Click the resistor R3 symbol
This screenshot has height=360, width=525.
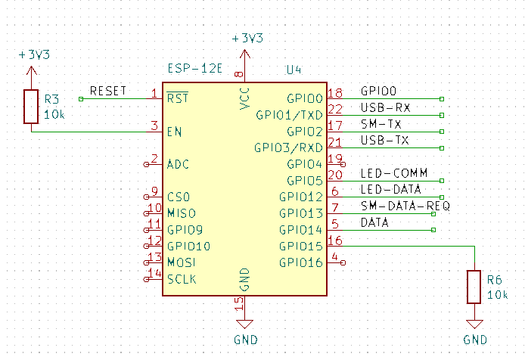coord(30,107)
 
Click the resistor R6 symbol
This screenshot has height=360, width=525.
coord(474,287)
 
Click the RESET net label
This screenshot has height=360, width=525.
coord(108,91)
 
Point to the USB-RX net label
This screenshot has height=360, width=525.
coord(385,107)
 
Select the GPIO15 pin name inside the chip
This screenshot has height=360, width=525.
coord(301,247)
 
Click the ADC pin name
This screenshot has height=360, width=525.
coord(178,164)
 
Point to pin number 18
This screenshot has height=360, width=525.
coord(335,93)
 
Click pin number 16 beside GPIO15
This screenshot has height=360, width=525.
coord(335,241)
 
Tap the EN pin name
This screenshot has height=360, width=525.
coord(173,132)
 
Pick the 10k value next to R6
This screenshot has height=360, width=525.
coord(498,294)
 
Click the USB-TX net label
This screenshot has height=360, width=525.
coord(385,140)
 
